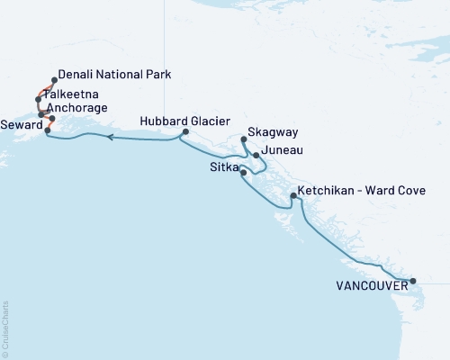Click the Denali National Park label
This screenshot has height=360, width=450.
(114, 75)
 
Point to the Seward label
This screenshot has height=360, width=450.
(20, 124)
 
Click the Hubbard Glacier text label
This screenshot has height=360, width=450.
(184, 121)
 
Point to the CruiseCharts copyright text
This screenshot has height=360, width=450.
(5, 328)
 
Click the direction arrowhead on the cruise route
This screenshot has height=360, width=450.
(109, 138)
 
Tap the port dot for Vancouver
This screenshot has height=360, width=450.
(413, 282)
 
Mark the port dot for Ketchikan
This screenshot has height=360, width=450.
(293, 195)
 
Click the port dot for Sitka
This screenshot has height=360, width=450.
(244, 171)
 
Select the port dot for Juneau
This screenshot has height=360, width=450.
(256, 156)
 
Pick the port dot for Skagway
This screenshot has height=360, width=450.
(244, 139)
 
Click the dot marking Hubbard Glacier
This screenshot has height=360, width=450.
(184, 132)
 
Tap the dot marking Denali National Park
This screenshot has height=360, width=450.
(54, 79)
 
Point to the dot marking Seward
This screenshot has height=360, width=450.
(47, 130)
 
